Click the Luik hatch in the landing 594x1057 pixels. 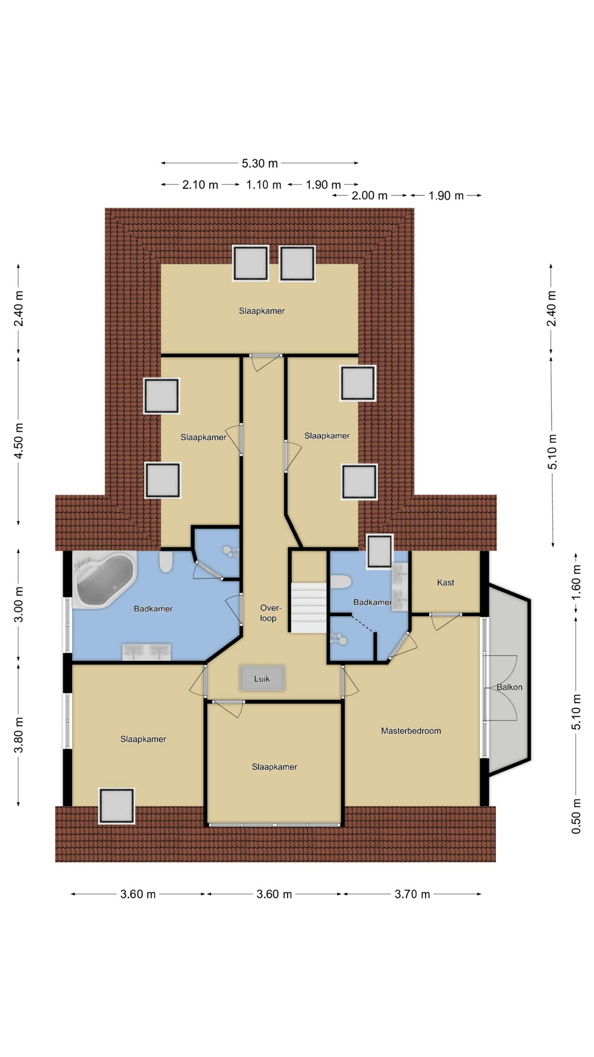pos(262,678)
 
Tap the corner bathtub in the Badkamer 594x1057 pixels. pos(105,580)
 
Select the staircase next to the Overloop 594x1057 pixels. pos(309,608)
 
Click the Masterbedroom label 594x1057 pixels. pos(411,731)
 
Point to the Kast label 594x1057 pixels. pos(446,582)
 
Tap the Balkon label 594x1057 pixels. pos(509,687)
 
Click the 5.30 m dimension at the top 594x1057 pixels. pos(260,164)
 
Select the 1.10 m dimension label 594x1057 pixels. pos(263,185)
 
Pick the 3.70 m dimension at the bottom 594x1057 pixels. pos(412,895)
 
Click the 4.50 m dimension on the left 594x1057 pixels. pos(19,441)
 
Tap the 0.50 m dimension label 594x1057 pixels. pos(576,815)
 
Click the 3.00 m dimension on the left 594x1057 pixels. pos(19,604)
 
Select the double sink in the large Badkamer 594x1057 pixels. pos(146,652)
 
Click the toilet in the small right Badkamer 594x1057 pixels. pos(340,582)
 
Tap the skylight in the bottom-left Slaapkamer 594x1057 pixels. pos(117,806)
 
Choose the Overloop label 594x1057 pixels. pos(269,613)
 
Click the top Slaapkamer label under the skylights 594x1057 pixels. pos(262,311)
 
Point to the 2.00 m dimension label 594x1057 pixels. pos(370,196)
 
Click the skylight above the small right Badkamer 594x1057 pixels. pos(380,551)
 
